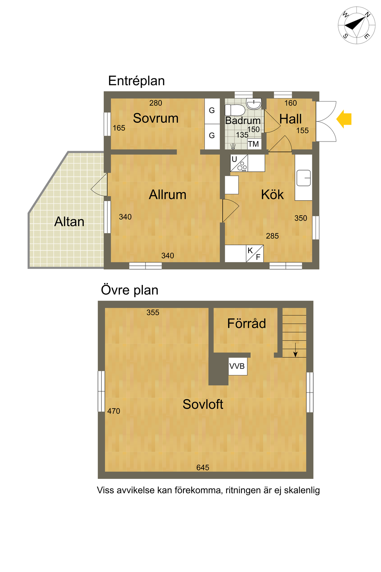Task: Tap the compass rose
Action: coord(356,25)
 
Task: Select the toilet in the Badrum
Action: coord(235,110)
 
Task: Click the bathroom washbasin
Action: coord(254,103)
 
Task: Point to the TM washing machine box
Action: coord(254,144)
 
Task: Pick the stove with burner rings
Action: coord(239,163)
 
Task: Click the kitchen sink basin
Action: coord(304,178)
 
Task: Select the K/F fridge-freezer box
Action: coord(254,254)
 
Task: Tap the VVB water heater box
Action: coord(238,366)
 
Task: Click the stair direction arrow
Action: coord(295,350)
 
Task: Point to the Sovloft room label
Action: coord(203,404)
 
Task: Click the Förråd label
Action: coord(247,323)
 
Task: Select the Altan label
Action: coord(69,222)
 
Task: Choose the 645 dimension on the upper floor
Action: coord(203,468)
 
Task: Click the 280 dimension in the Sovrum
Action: coord(156,103)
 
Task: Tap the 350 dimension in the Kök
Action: coord(301,218)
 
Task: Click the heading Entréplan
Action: coord(137,81)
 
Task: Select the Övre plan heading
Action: coord(129,290)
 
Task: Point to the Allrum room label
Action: coord(167,195)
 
